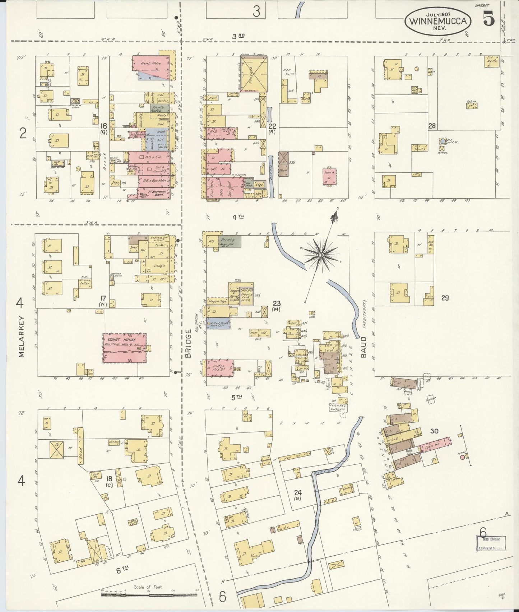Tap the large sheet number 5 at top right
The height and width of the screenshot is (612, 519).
[488, 19]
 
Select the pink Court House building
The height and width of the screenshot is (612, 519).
[124, 348]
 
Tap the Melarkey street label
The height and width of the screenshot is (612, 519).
[21, 336]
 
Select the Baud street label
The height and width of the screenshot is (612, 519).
[363, 347]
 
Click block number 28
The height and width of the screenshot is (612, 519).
[431, 126]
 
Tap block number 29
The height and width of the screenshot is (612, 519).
[445, 298]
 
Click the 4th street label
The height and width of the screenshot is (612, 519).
[237, 217]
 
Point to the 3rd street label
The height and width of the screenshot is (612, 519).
[238, 36]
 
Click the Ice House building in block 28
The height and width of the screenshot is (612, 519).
[491, 60]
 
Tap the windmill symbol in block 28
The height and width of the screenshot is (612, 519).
[442, 141]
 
